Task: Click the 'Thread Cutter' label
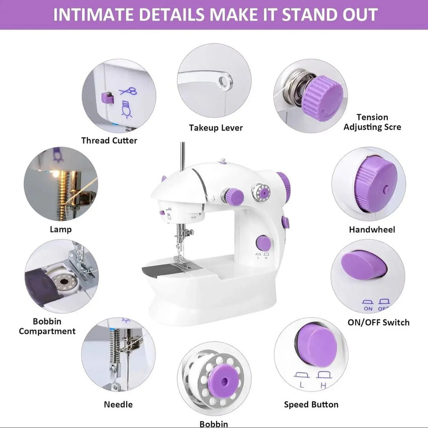coord(109,140)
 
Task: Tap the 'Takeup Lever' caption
coord(216,128)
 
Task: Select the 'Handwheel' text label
coord(372,230)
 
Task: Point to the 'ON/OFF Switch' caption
coord(378,322)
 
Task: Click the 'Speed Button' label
coord(311,404)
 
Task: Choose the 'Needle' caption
coord(118,404)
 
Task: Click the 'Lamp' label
coord(61,230)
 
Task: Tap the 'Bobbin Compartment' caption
coord(47,326)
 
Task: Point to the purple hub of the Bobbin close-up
coord(220,378)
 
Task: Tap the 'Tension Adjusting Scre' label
coord(372,122)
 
